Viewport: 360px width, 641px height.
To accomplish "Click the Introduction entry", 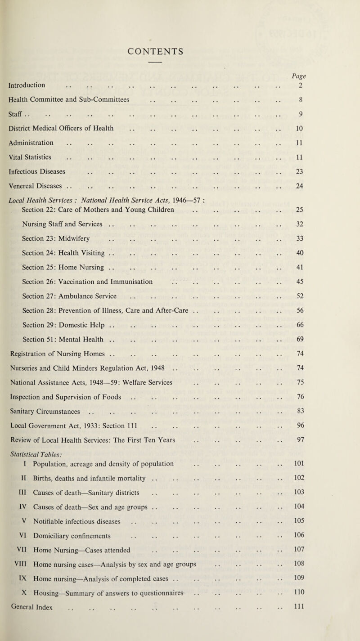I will [x=36, y=84].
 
